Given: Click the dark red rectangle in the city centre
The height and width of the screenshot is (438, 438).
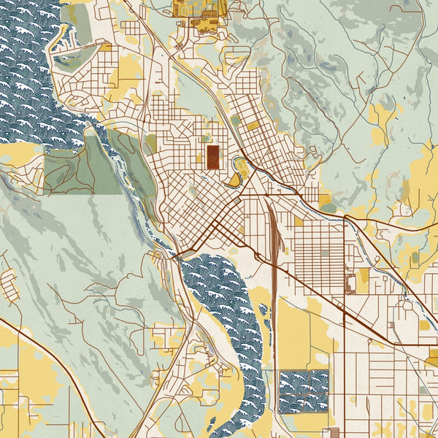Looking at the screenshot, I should [213, 156].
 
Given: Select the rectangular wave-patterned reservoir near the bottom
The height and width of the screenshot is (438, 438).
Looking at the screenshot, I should [304, 391].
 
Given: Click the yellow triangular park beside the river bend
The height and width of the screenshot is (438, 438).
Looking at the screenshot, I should [235, 180].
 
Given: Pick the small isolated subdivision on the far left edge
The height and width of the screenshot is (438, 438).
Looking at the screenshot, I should [9, 285].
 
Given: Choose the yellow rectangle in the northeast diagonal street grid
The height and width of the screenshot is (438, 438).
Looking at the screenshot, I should [253, 126].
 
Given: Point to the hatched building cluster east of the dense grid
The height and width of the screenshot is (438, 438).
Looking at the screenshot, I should [350, 281].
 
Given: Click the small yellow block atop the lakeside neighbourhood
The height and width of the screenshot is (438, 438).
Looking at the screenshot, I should [106, 47].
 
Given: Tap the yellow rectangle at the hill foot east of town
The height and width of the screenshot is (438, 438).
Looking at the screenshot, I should [324, 198].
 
